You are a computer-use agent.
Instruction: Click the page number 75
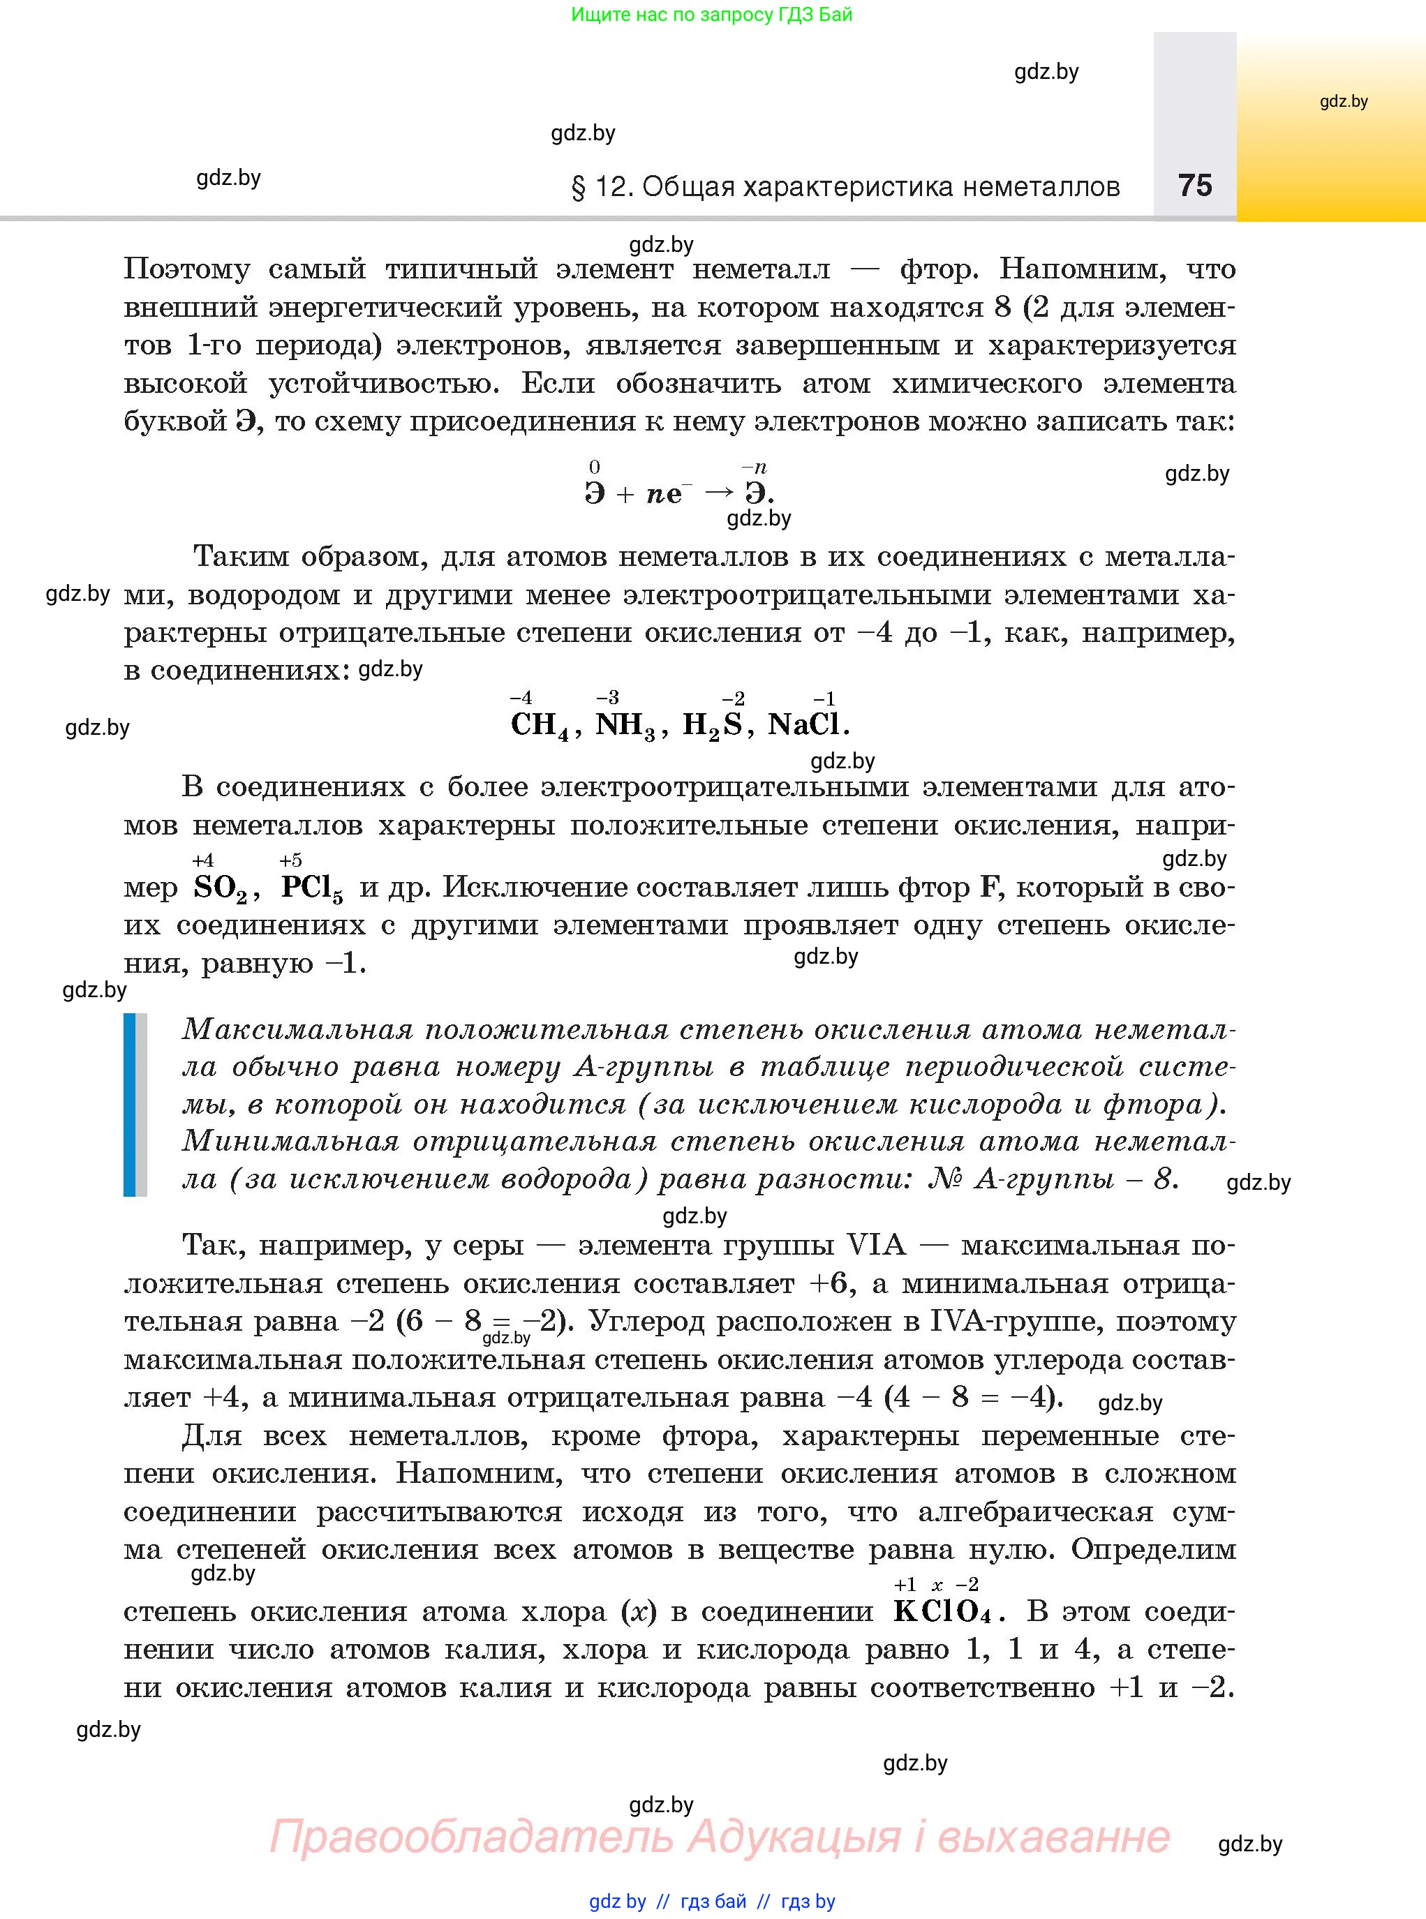pyautogui.click(x=1195, y=186)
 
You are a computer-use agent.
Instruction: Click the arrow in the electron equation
pyautogui.click(x=719, y=493)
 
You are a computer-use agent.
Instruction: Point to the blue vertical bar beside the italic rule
pyautogui.click(x=130, y=1105)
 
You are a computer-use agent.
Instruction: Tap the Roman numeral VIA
pyautogui.click(x=877, y=1245)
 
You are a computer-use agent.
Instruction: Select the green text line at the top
pyautogui.click(x=712, y=15)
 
